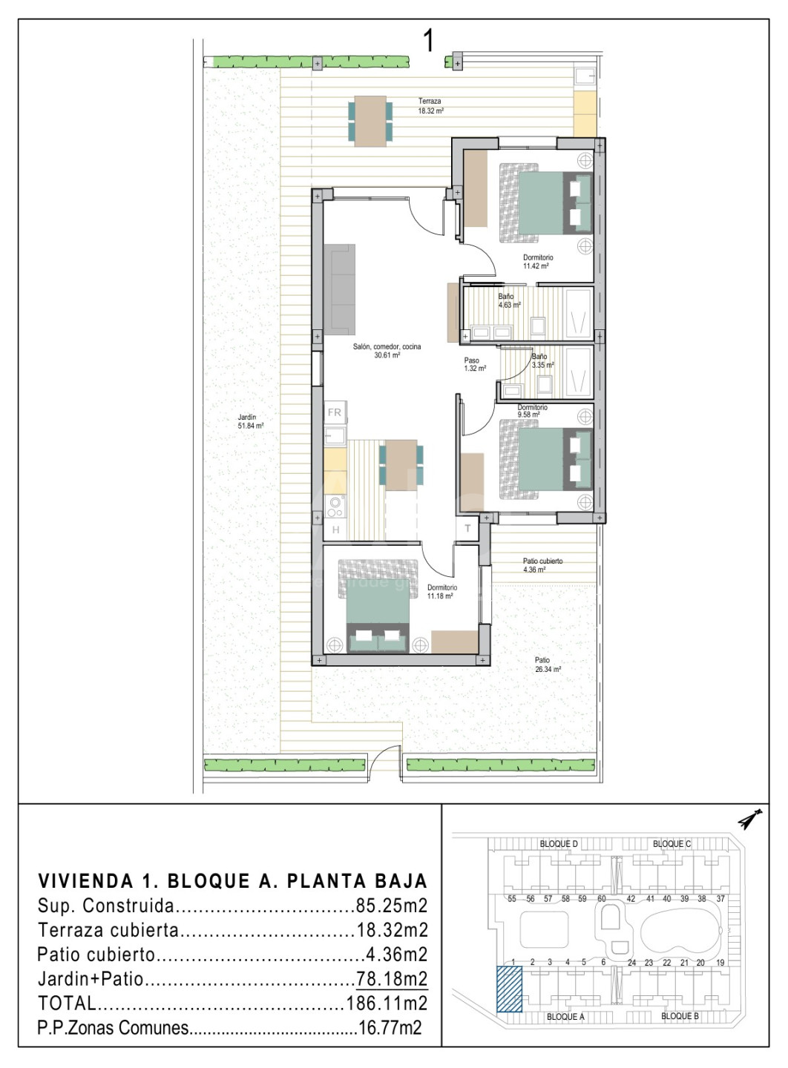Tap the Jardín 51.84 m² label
click(251, 421)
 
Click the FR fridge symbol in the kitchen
click(335, 412)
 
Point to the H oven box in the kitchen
click(336, 530)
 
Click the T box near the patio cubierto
click(467, 528)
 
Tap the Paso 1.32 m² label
click(475, 364)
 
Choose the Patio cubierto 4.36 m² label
click(542, 565)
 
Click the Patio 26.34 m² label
click(548, 665)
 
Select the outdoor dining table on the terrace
click(371, 122)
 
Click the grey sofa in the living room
click(339, 289)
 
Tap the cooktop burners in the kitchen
click(336, 507)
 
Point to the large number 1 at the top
click(429, 41)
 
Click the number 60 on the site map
click(602, 899)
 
